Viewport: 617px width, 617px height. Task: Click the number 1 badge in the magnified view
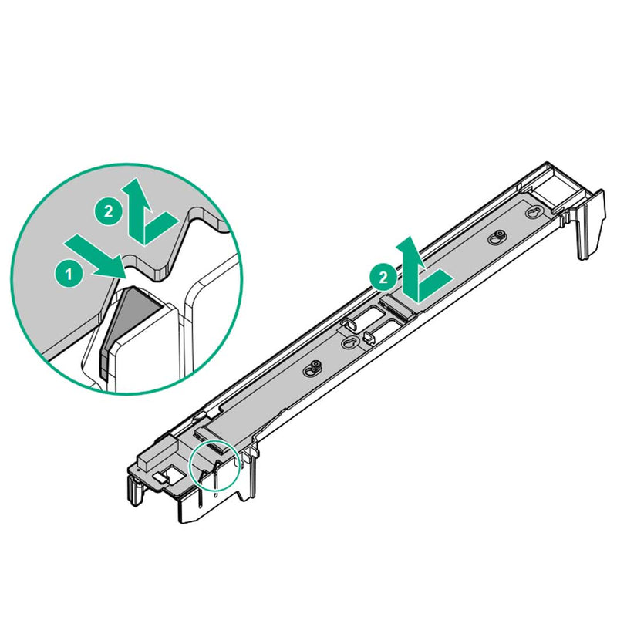pos(68,271)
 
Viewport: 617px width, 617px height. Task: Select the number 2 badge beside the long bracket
pos(379,273)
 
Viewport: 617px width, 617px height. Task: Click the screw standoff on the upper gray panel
pos(500,237)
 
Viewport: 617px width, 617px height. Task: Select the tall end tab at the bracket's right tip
pos(590,224)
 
